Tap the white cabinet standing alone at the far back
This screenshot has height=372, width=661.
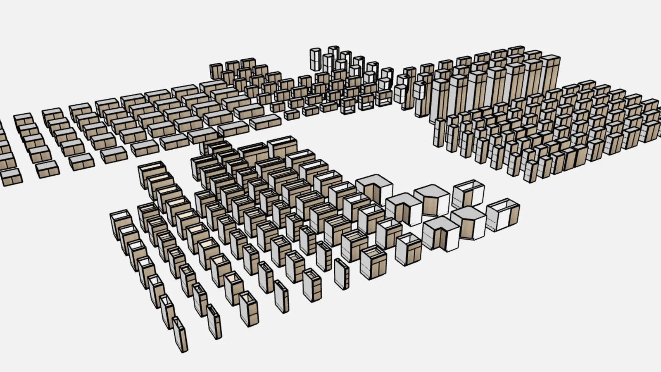coord(315,60)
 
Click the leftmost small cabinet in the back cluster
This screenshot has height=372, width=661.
coord(216,71)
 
